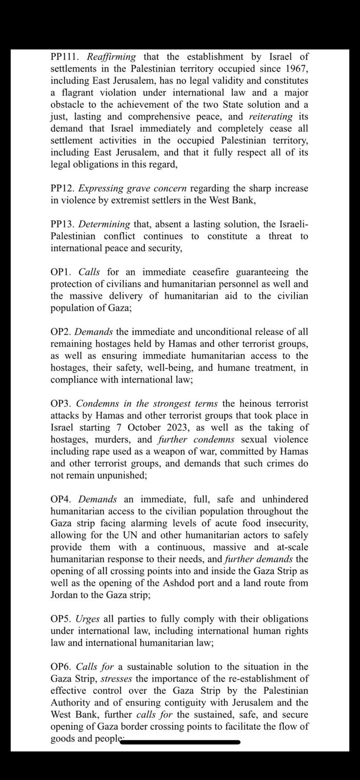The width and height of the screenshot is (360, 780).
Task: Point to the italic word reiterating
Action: coord(271,117)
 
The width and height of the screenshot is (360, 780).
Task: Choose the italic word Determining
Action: coord(104,224)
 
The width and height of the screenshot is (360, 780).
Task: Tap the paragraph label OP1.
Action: coord(62,272)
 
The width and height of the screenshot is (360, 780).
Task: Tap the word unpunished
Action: coord(122,475)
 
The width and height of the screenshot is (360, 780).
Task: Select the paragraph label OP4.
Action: coord(62,499)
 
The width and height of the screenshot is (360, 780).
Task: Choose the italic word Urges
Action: coord(88,619)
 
